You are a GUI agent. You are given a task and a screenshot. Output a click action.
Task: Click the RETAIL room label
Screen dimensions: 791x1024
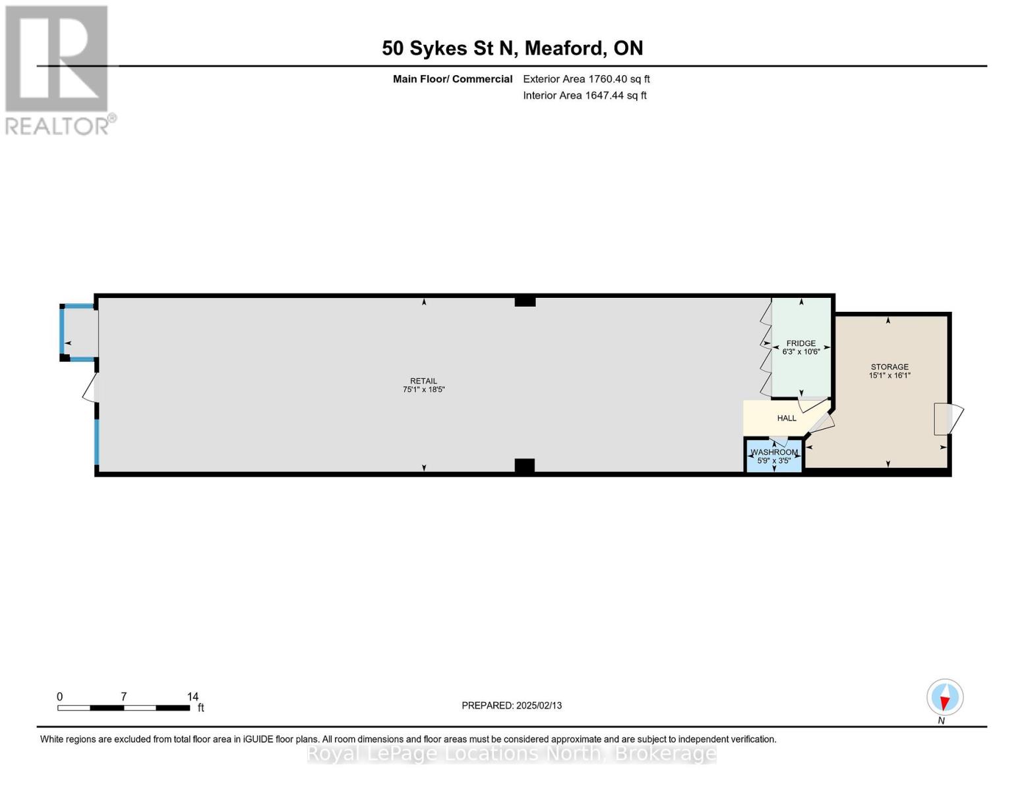pos(423,381)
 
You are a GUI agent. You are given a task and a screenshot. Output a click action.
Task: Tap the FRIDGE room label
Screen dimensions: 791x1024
pos(800,343)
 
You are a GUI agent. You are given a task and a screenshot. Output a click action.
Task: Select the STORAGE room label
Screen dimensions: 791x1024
pos(889,367)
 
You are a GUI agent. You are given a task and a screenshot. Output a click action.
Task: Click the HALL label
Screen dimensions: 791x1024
pos(786,419)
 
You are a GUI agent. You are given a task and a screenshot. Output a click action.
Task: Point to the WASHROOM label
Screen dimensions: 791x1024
pos(774,452)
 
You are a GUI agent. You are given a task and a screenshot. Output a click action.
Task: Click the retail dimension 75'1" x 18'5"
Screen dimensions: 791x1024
pos(423,390)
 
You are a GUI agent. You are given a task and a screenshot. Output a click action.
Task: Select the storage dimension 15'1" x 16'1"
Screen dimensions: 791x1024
pos(889,376)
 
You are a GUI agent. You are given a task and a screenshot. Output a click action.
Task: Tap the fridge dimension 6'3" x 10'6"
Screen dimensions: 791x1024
pos(800,352)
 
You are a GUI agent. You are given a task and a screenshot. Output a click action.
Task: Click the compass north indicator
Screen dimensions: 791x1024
pos(945,697)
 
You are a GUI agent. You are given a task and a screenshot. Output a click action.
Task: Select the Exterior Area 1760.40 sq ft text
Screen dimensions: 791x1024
pos(586,79)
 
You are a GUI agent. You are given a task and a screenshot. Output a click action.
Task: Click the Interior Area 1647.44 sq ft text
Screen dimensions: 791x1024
pos(584,96)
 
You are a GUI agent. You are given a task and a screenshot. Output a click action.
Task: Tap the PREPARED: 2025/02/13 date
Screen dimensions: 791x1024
pos(512,705)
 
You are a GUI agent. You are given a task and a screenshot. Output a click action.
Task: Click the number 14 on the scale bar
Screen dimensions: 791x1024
pos(193,697)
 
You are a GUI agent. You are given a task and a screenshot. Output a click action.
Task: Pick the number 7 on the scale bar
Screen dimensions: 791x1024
pos(123,697)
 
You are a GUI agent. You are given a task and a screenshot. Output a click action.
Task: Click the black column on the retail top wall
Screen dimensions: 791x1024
pos(525,301)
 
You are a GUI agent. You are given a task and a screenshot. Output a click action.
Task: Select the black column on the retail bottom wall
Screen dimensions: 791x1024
pos(524,466)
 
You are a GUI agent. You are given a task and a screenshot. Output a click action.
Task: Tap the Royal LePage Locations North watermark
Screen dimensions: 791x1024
pos(512,753)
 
